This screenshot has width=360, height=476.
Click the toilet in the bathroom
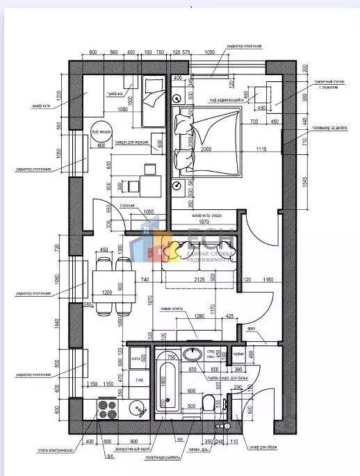pyautogui.click(x=209, y=402)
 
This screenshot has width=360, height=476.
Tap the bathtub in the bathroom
pyautogui.click(x=167, y=385)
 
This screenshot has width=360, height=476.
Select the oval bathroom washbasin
pyautogui.click(x=192, y=354)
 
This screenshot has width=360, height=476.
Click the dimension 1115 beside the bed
pyautogui.click(x=261, y=150)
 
